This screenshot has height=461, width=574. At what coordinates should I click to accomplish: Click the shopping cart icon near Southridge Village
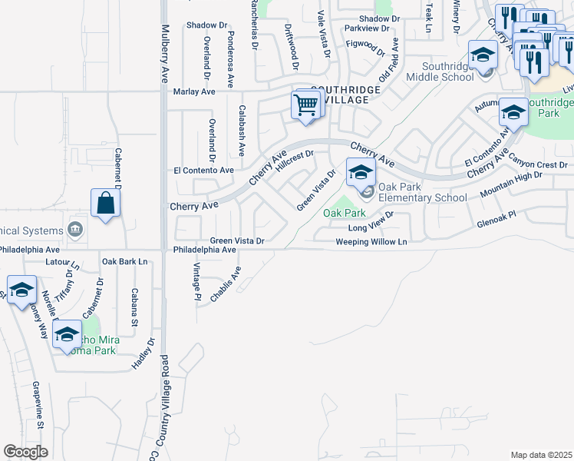point(306,104)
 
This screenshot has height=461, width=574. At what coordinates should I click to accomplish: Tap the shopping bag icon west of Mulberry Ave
point(106,204)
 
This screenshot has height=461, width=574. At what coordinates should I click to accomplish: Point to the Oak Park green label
point(344,212)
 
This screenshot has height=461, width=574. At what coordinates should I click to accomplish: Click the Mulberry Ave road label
point(164,54)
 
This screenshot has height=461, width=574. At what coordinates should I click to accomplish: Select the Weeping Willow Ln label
point(371,242)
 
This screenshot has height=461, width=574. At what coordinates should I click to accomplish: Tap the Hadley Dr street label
point(143,353)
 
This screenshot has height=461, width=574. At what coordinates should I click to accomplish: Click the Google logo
point(25,452)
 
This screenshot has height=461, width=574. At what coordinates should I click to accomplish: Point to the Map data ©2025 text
point(541,455)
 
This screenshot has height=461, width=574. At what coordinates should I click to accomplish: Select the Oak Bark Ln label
point(124,262)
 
